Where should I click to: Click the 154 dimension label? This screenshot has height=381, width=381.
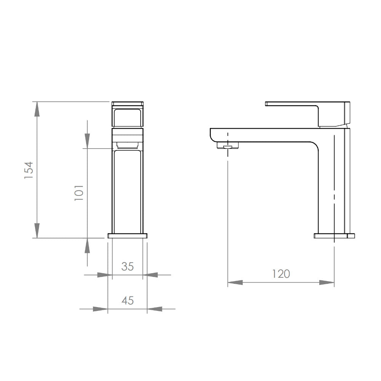[29, 170]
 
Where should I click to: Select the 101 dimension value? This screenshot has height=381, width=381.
[79, 193]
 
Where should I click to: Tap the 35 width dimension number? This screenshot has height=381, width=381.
[128, 267]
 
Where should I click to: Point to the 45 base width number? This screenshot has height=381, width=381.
[128, 301]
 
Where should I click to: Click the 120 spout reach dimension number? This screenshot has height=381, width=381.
[281, 274]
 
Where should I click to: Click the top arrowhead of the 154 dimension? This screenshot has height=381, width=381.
[37, 109]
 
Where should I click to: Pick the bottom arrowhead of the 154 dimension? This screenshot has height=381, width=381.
[37, 231]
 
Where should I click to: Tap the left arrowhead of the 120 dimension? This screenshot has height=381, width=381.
[235, 282]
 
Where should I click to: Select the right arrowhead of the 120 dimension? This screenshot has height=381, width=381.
[327, 282]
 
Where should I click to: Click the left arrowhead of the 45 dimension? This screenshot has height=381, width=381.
[100, 309]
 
